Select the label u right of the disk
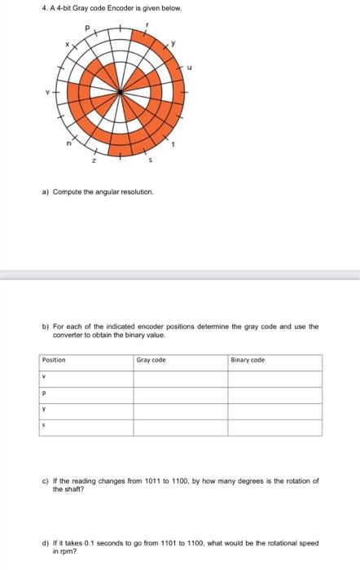(190, 68)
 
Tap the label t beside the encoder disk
(172, 144)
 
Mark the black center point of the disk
(121, 92)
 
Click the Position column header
(54, 360)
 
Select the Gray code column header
(151, 360)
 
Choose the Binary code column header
(248, 360)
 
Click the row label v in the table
(45, 377)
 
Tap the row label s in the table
(45, 425)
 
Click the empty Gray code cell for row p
(181, 393)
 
